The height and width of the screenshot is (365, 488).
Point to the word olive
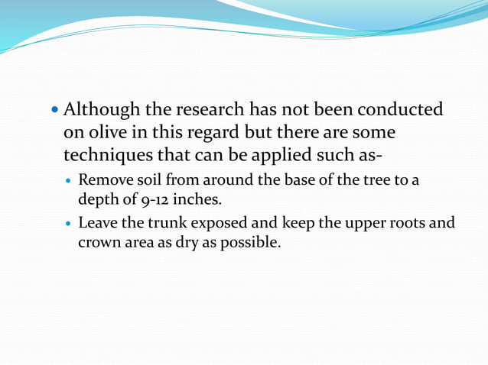pos(105,133)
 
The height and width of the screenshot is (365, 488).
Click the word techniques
pos(109,155)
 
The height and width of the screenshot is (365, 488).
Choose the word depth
pos(96,200)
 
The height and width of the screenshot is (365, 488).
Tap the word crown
pos(98,242)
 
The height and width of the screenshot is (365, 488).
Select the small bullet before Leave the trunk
pos(70,224)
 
